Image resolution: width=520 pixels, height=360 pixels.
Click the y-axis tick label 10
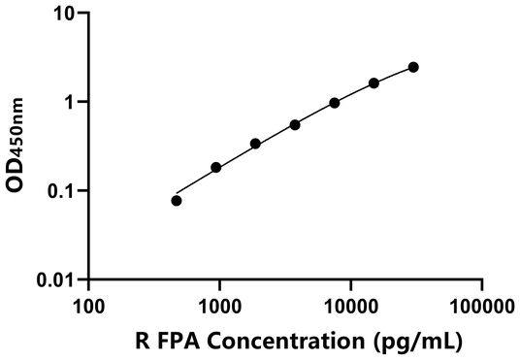pyautogui.click(x=63, y=15)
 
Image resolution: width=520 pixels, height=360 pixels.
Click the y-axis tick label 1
pyautogui.click(x=68, y=103)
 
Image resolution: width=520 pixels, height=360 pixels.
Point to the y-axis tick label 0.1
pyautogui.click(x=60, y=191)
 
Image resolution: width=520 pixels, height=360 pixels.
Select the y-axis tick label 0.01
pyautogui.click(x=55, y=280)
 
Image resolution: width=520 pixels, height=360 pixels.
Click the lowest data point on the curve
pyautogui.click(x=177, y=201)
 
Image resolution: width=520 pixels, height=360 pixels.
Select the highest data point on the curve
pyautogui.click(x=413, y=67)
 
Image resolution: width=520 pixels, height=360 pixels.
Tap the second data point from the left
pyautogui.click(x=216, y=168)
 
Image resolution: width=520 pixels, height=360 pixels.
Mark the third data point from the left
pyautogui.click(x=255, y=144)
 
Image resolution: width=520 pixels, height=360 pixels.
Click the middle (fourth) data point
pyautogui.click(x=295, y=124)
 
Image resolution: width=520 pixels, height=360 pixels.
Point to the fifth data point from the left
pyautogui.click(x=335, y=103)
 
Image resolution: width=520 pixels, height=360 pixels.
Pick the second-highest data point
pyautogui.click(x=374, y=83)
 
